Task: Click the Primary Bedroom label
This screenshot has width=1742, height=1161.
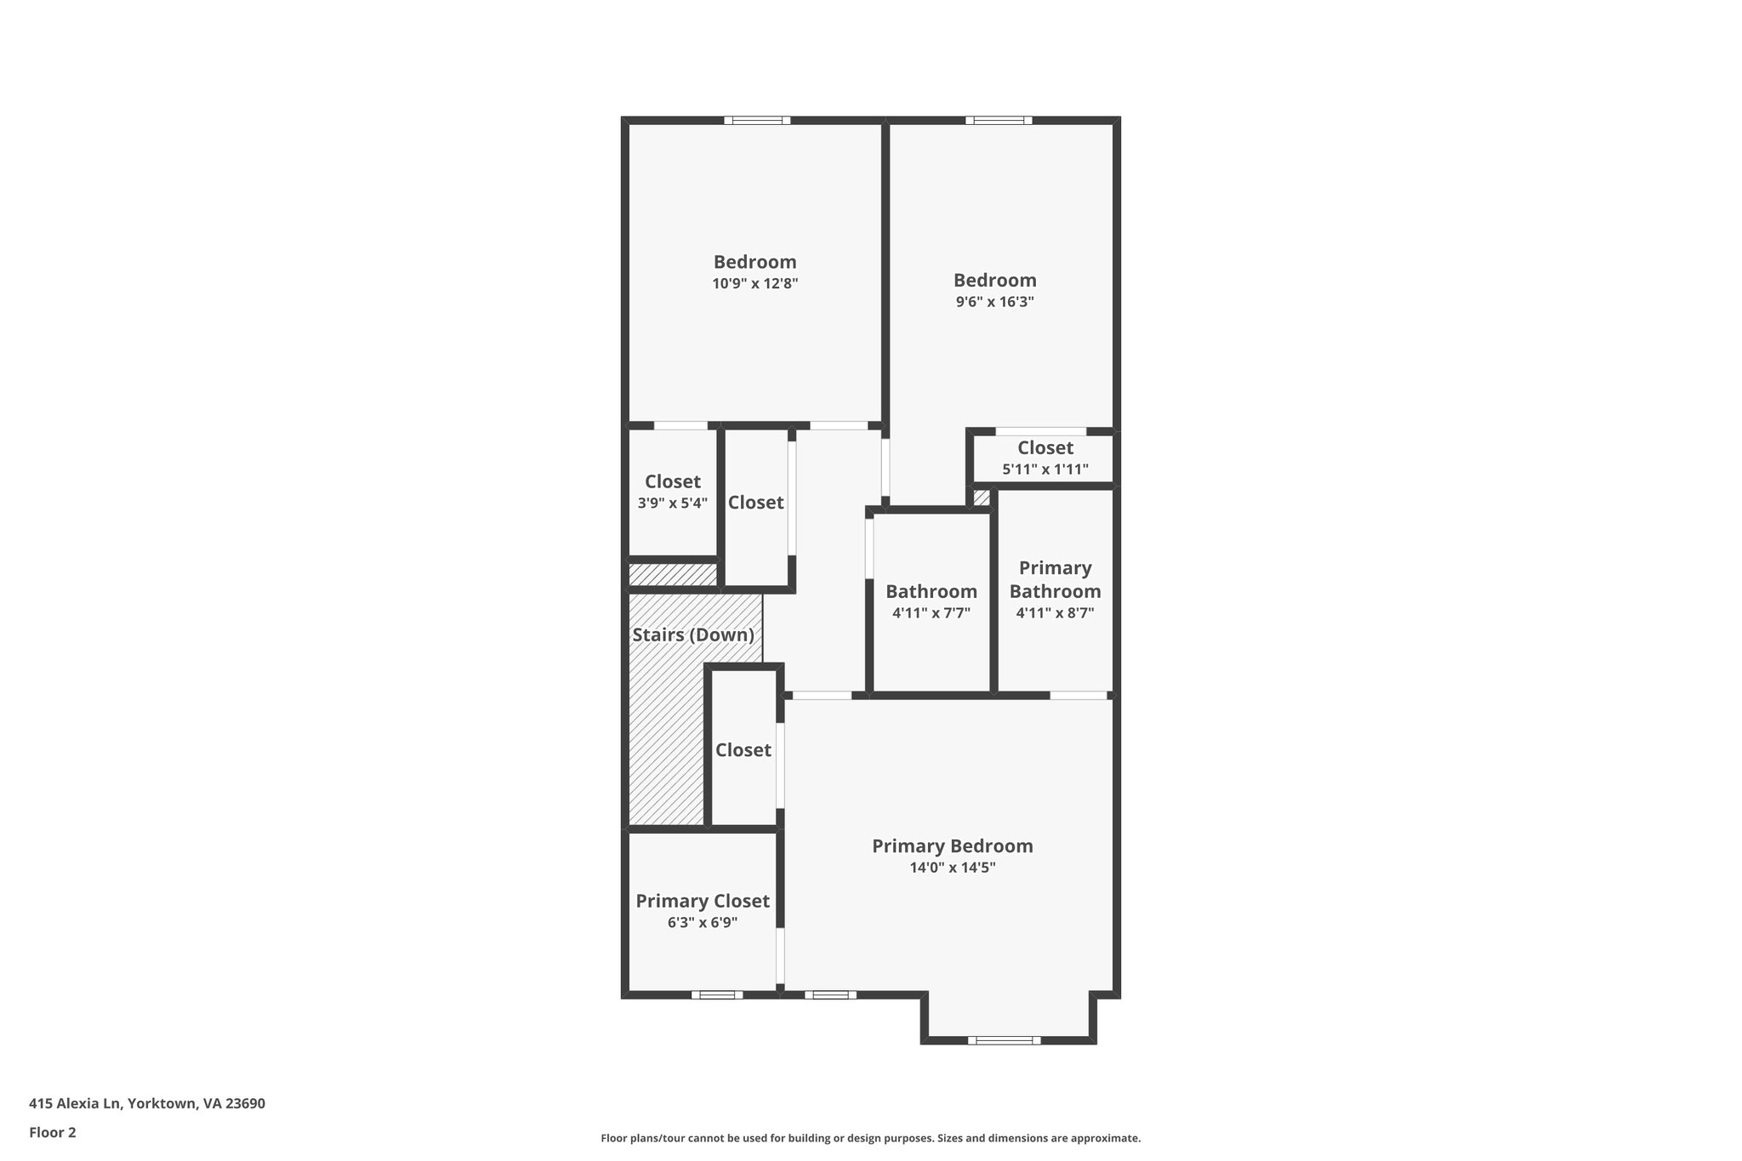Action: pos(952,846)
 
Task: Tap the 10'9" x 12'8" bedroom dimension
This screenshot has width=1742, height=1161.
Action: pos(755,284)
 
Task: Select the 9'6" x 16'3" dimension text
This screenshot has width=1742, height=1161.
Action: pos(994,302)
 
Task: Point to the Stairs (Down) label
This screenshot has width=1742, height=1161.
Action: pos(693,635)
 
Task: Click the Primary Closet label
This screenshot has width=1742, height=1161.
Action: pos(703,902)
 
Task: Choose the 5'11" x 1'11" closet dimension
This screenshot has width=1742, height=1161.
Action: pos(1045,470)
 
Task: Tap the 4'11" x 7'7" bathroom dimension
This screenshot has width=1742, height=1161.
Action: pos(931,612)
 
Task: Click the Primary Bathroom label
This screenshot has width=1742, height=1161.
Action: pos(1055,579)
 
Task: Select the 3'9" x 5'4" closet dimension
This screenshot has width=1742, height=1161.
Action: pos(673,503)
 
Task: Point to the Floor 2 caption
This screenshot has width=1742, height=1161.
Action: pos(53,1132)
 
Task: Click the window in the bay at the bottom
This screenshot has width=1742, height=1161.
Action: pos(1004,1039)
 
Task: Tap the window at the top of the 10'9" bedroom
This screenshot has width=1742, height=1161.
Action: pos(757,121)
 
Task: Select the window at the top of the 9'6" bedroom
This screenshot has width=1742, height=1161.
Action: pos(999,121)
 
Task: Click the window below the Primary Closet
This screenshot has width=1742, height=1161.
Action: pos(716,994)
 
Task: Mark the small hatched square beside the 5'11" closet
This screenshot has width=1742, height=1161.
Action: pos(982,498)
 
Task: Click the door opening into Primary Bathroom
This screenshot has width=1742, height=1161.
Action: pos(1078,696)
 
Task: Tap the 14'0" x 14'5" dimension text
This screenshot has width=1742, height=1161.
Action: pos(952,868)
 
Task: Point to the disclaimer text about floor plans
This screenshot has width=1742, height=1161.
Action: pos(870,1138)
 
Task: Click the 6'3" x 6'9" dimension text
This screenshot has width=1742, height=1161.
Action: pos(703,923)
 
